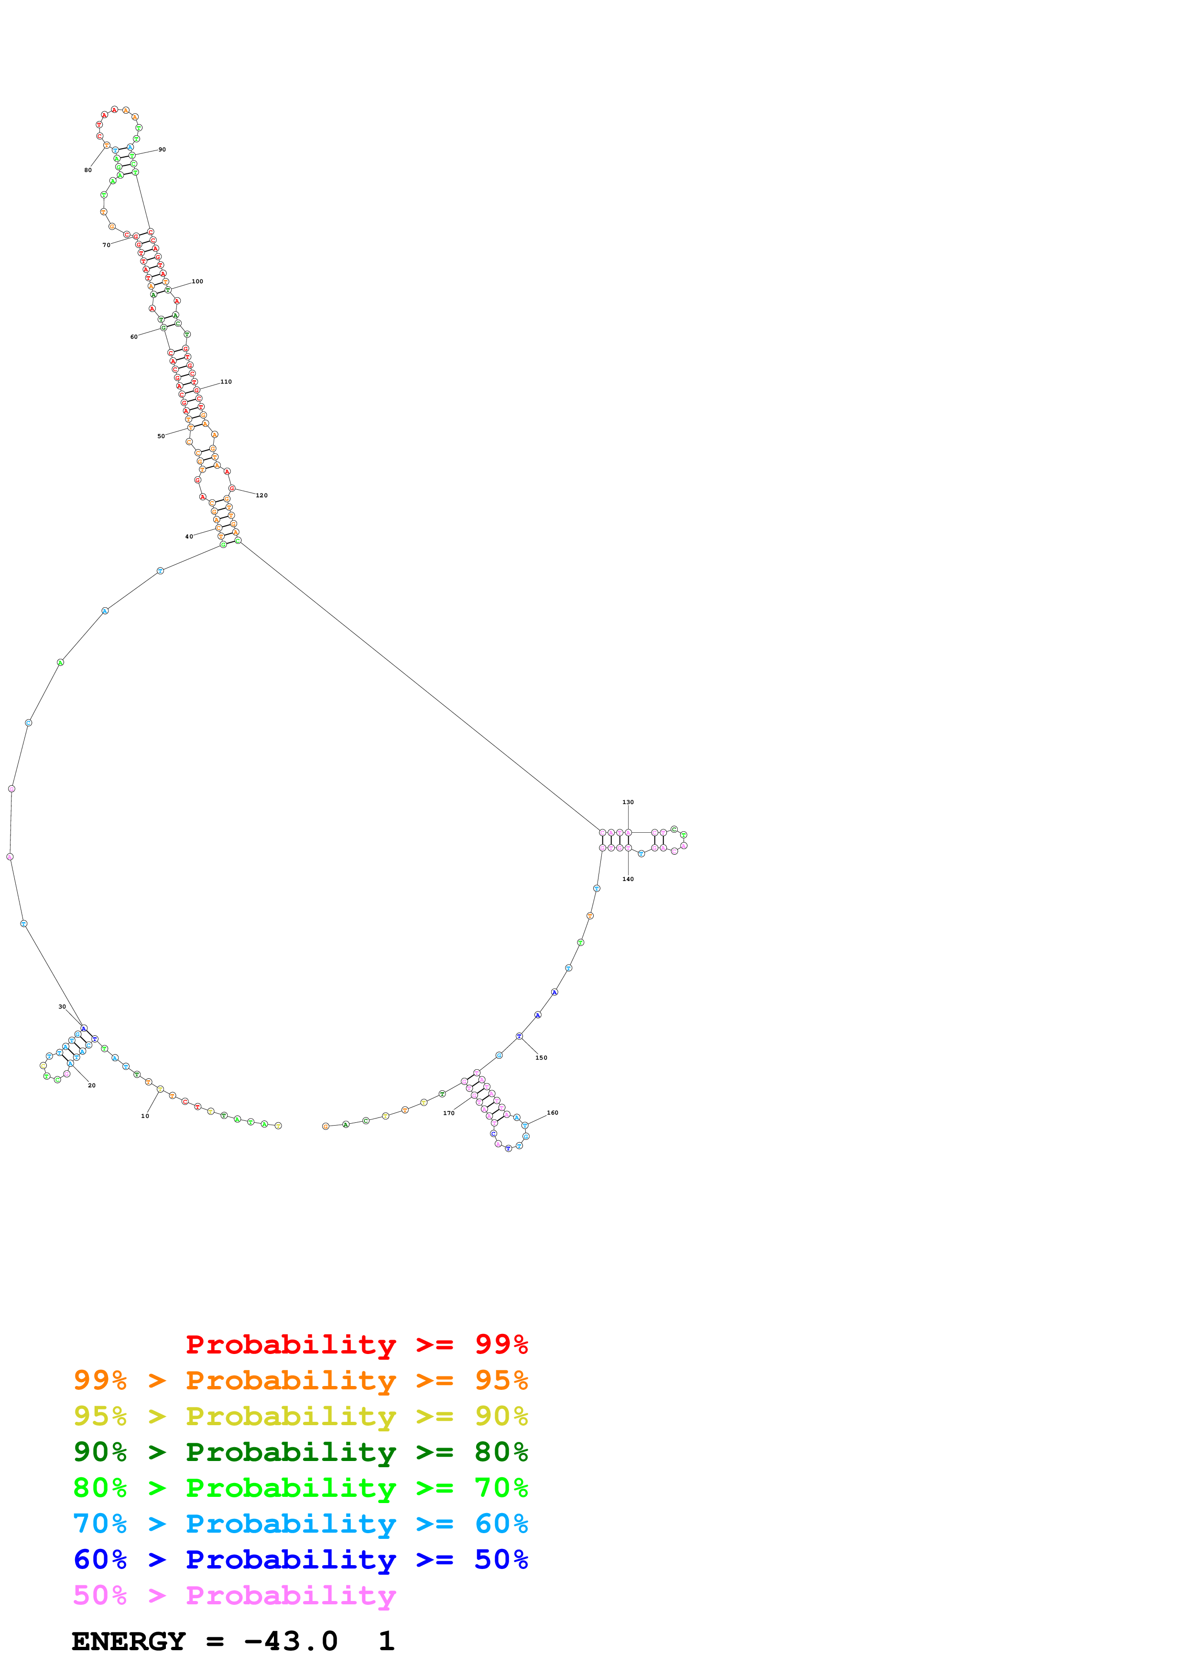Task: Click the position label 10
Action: click(x=144, y=1116)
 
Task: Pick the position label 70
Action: click(x=106, y=245)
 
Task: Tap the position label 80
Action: click(x=87, y=170)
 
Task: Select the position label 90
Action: click(x=162, y=150)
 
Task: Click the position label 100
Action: click(x=197, y=281)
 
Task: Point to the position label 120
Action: click(x=261, y=495)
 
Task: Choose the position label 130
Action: click(x=628, y=802)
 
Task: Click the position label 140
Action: click(x=628, y=879)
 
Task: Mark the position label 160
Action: click(x=552, y=1112)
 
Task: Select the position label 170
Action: click(x=448, y=1113)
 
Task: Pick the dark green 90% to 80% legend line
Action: click(x=300, y=1452)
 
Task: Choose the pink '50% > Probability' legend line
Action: click(x=234, y=1596)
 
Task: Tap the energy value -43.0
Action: click(x=291, y=1642)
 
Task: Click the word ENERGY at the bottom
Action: click(x=129, y=1642)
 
